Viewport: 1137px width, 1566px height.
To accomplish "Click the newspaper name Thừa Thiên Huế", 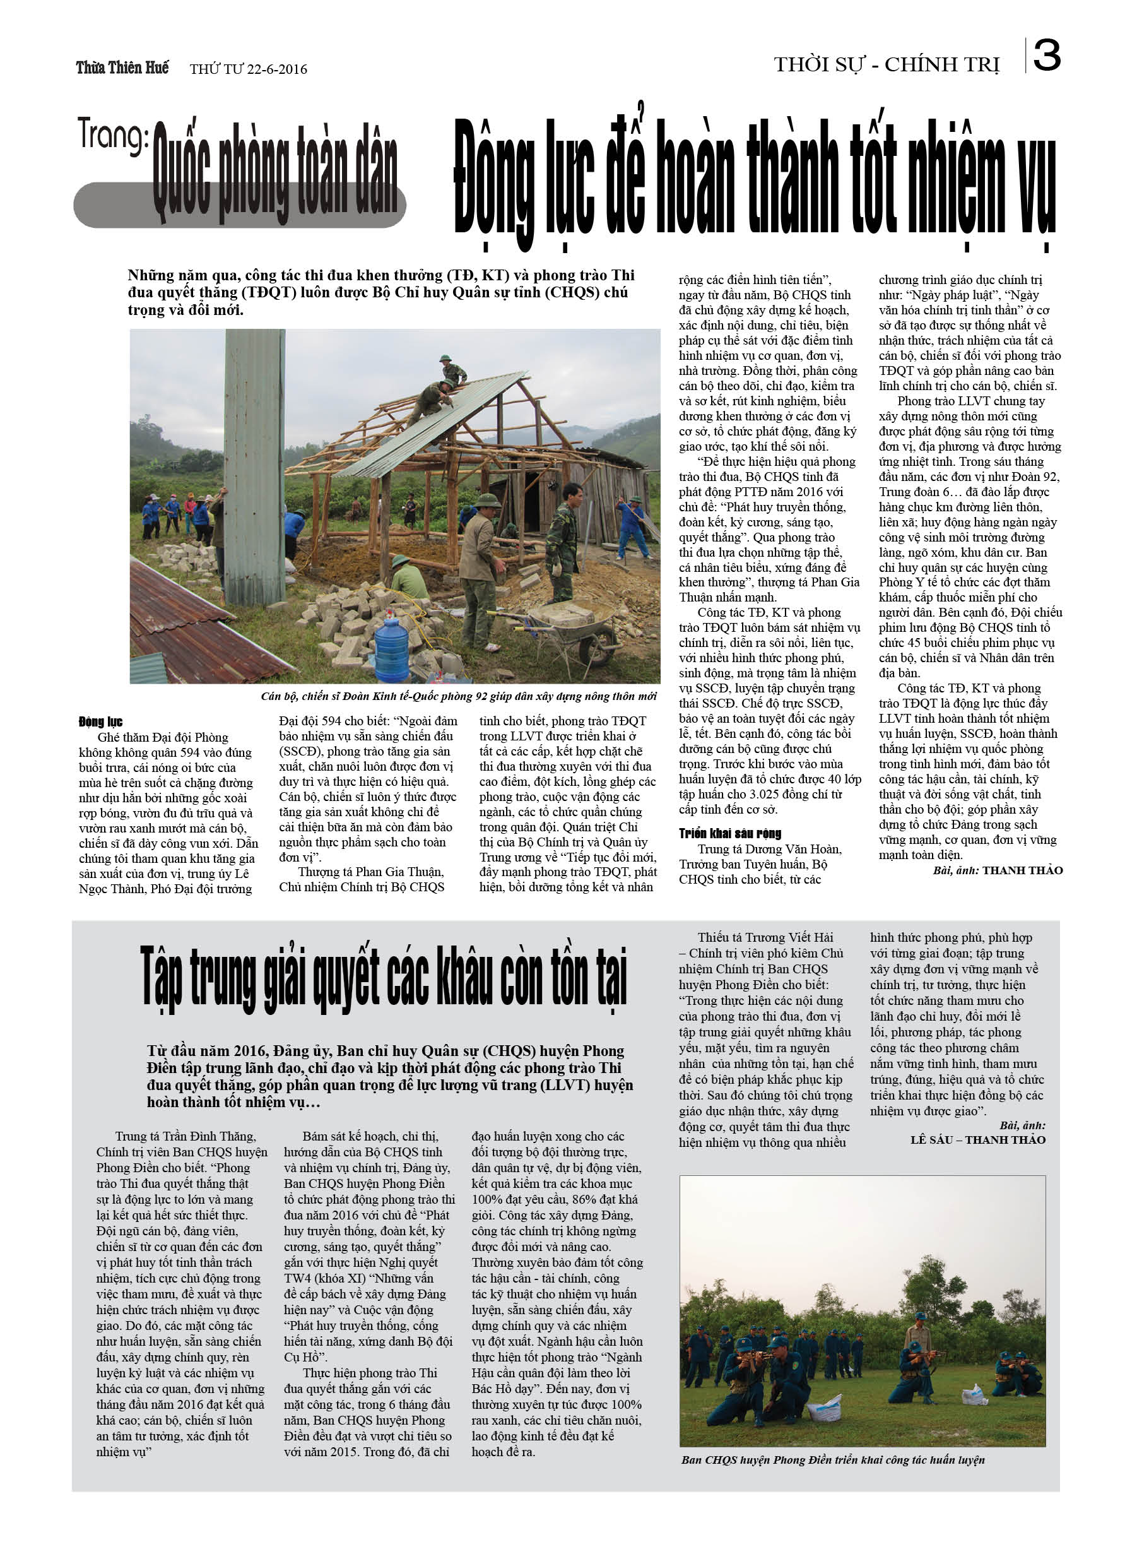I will pyautogui.click(x=122, y=68).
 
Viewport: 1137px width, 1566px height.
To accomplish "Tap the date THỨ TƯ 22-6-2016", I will pyautogui.click(x=248, y=69).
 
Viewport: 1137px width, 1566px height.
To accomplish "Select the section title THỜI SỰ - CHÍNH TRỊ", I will pyautogui.click(x=887, y=65).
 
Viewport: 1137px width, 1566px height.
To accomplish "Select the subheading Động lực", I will pyautogui.click(x=100, y=722).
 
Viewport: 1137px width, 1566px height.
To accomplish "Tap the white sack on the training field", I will pyautogui.click(x=824, y=1407).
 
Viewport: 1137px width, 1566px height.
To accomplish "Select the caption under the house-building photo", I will pyautogui.click(x=458, y=696).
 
